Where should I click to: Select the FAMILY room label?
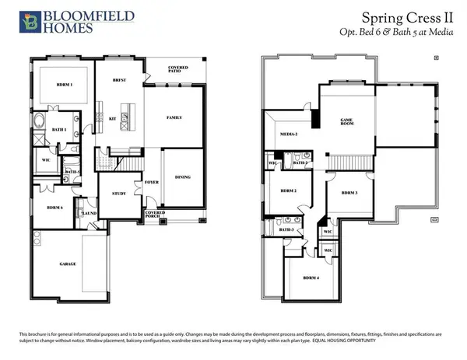tap(175, 117)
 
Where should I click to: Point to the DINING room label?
tap(184, 177)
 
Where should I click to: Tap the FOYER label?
tap(153, 183)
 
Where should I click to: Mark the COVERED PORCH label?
tap(153, 214)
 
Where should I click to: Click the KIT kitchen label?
tap(112, 119)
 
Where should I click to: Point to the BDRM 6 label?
tap(54, 208)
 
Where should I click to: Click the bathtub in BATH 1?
tap(40, 121)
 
